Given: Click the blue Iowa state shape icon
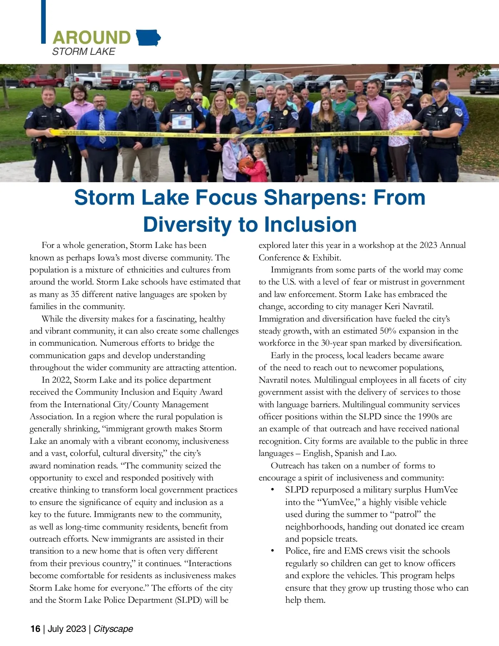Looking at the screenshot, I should pyautogui.click(x=148, y=38).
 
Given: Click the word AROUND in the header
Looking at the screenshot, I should pyautogui.click(x=91, y=37).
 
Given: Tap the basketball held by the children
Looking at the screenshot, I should pyautogui.click(x=246, y=163).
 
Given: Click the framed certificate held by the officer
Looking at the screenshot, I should pyautogui.click(x=182, y=121).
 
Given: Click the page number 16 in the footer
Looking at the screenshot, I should pyautogui.click(x=35, y=629).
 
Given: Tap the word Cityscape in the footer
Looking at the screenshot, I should pyautogui.click(x=113, y=629).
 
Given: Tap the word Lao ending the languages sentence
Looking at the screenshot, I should pyautogui.click(x=388, y=453).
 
